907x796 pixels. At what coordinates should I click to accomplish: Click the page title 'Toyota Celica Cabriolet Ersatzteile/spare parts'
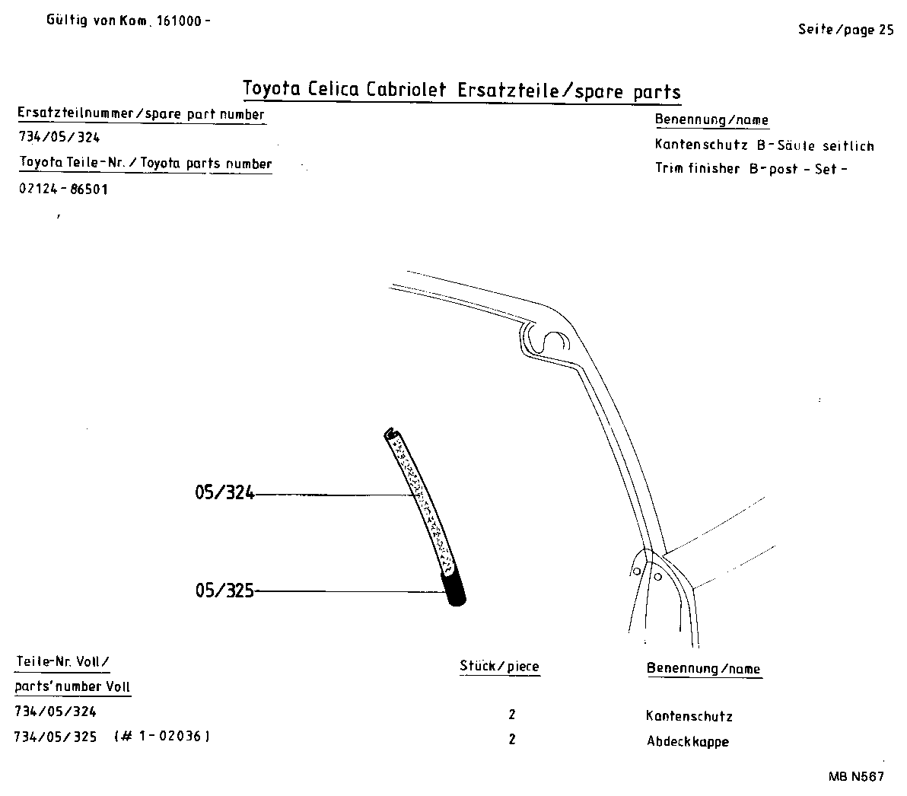461,91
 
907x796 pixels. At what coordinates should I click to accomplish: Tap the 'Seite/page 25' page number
845,30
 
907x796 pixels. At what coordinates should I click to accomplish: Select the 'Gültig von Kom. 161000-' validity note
128,21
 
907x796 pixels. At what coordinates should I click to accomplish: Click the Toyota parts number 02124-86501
63,189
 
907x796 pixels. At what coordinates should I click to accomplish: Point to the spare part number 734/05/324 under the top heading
59,138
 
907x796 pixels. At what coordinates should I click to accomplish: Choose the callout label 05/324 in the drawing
224,494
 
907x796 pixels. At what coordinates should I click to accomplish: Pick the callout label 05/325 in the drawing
224,590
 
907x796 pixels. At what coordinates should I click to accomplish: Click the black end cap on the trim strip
456,591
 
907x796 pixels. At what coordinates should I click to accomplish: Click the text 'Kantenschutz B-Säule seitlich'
764,145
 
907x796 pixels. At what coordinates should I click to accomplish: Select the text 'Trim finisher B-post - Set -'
750,169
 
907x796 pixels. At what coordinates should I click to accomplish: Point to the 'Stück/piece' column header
499,667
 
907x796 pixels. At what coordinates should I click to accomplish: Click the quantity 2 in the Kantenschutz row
512,715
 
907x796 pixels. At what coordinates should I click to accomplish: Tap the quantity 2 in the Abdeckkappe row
512,739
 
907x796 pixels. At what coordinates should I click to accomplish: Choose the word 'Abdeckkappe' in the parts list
687,741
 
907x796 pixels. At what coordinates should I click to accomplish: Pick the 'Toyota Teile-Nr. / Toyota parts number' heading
145,164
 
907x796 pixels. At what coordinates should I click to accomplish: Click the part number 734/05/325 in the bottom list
56,737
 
